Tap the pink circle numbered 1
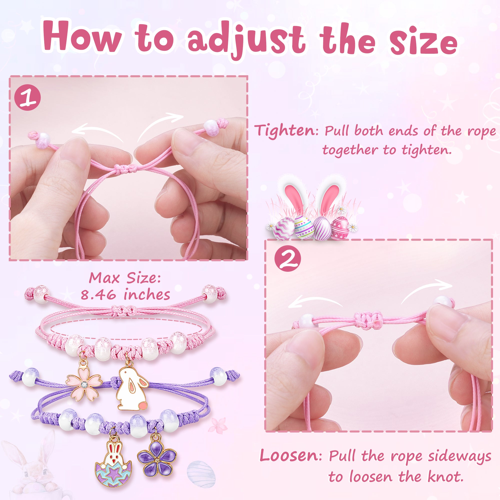coord(27,98)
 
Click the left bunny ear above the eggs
coord(294,193)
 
